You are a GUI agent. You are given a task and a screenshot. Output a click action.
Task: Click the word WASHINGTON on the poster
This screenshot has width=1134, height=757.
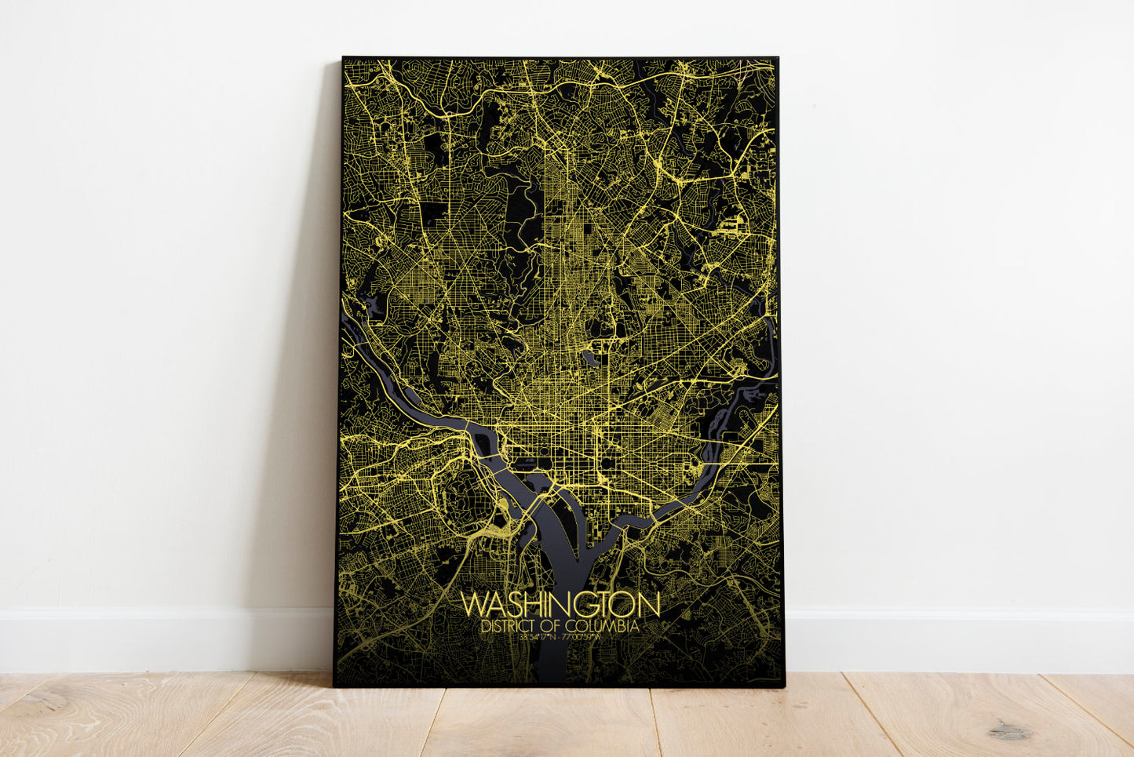pos(560,605)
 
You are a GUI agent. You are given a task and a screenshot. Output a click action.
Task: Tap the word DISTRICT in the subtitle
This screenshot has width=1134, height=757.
pos(509,627)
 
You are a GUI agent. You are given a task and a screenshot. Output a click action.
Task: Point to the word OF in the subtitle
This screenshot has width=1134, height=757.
pos(552,627)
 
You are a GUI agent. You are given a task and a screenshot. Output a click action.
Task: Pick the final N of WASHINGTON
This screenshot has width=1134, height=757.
pos(648,605)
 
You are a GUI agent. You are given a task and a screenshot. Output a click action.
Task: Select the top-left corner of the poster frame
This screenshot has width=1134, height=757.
pos(343,57)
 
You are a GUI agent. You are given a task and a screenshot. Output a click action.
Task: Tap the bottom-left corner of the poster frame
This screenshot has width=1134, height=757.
pos(334,686)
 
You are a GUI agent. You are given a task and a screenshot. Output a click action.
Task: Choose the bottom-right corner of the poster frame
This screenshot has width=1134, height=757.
pos(784,686)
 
